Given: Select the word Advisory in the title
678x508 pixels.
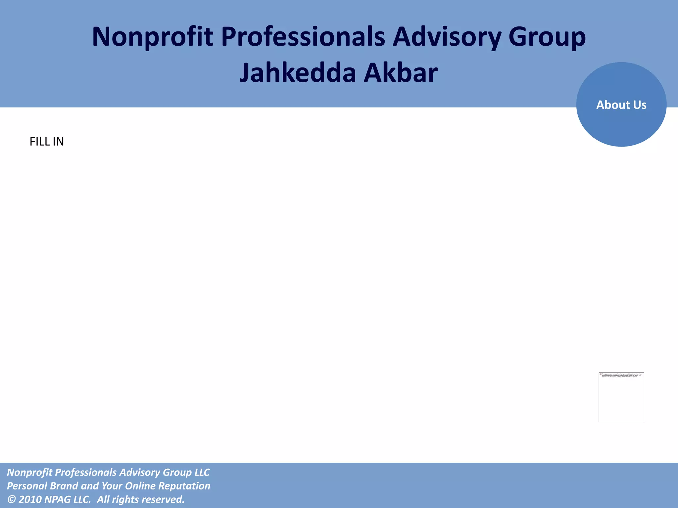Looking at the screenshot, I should point(447,37).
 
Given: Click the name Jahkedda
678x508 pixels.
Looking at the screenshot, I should point(298,73).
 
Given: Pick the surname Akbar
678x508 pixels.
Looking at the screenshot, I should point(401,73).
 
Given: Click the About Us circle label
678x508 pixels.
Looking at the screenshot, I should point(621,105).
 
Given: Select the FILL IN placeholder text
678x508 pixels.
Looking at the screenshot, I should point(47,142).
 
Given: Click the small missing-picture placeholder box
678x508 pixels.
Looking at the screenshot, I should point(621,397).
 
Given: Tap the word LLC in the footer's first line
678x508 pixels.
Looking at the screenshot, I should point(202,472).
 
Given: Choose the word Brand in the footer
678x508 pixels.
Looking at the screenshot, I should point(64,486).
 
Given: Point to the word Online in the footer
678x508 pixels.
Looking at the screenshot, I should point(140,486).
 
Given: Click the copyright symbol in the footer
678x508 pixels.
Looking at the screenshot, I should point(11,499).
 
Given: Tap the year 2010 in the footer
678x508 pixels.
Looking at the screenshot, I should point(30,499).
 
